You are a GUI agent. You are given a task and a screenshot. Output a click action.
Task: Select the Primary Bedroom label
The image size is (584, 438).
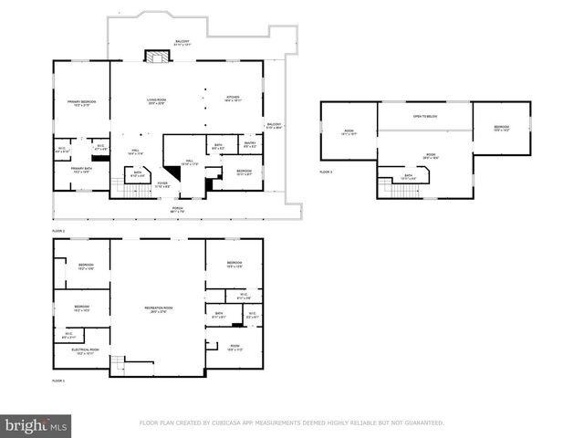pyautogui.click(x=81, y=102)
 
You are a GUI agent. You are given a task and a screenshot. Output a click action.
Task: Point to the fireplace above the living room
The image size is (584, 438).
pyautogui.click(x=161, y=57)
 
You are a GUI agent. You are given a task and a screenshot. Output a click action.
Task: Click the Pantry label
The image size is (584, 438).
pyautogui.click(x=249, y=144)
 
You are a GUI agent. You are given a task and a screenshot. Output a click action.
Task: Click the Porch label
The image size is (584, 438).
pyautogui.click(x=177, y=208)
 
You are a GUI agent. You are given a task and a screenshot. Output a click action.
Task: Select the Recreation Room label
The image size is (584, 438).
pyautogui.click(x=159, y=308)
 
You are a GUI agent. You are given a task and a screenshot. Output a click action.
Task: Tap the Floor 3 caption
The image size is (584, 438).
pyautogui.click(x=326, y=172)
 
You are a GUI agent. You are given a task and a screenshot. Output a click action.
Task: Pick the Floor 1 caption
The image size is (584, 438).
pyautogui.click(x=58, y=380)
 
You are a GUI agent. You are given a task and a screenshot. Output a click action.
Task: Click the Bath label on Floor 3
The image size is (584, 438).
pyautogui.click(x=408, y=176)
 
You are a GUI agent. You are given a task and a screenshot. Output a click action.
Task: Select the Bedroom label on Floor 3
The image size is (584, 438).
pyautogui.click(x=501, y=128)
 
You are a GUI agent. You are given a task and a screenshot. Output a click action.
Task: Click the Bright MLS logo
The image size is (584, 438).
pyautogui.click(x=36, y=425)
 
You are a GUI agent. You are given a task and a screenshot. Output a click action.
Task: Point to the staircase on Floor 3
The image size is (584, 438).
pyautogui.click(x=387, y=186)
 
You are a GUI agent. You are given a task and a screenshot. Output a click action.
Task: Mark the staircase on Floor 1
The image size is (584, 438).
pyautogui.click(x=117, y=365)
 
